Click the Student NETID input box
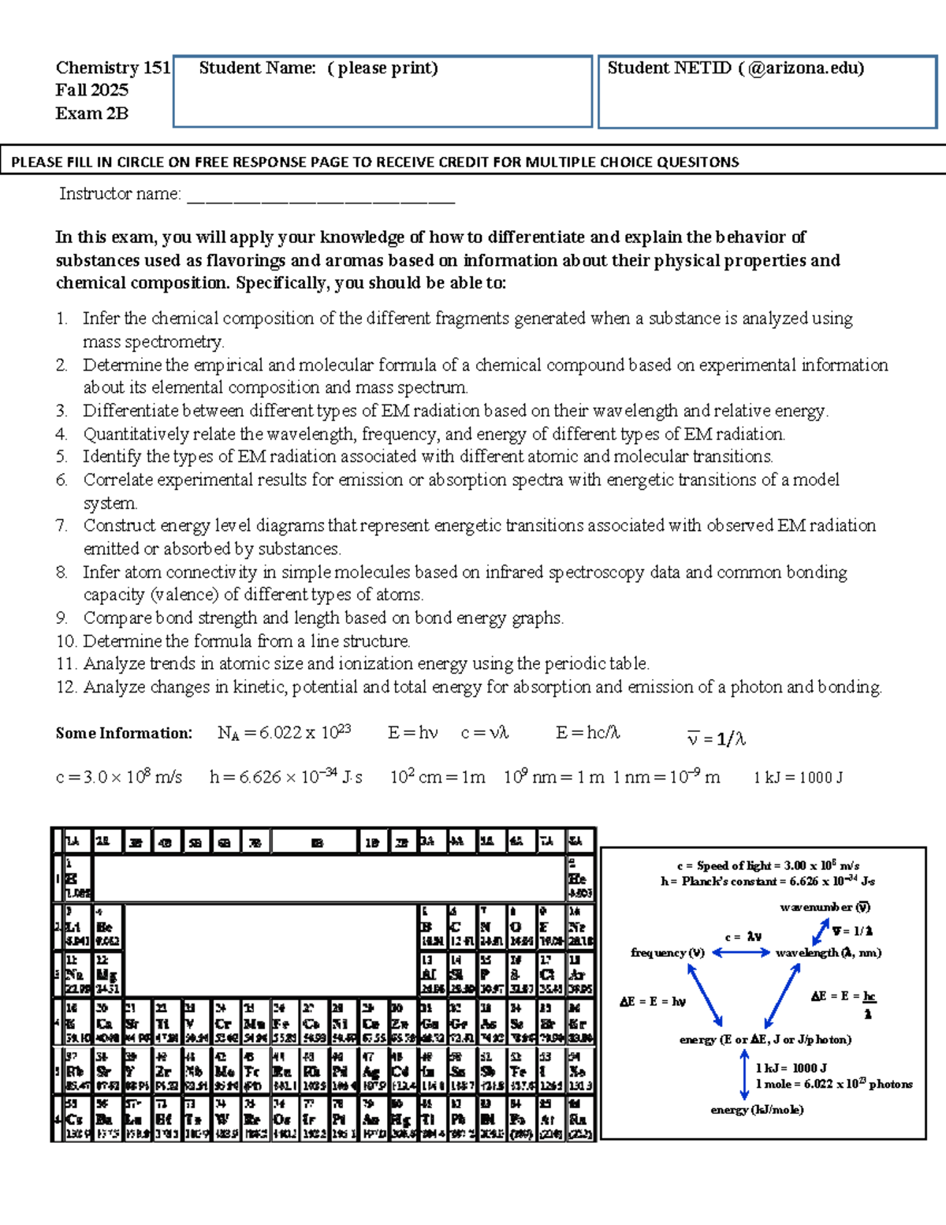point(767,103)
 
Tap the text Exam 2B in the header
point(91,114)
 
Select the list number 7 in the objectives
point(61,526)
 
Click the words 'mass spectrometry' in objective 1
point(153,342)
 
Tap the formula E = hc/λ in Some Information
point(587,733)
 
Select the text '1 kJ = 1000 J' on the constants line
point(798,778)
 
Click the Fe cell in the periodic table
point(281,1023)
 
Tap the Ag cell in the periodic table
point(371,1071)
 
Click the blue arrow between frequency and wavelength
point(741,953)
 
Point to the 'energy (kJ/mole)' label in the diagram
point(757,1110)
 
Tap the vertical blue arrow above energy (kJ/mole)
point(744,1074)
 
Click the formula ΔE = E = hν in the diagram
point(652,1002)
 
